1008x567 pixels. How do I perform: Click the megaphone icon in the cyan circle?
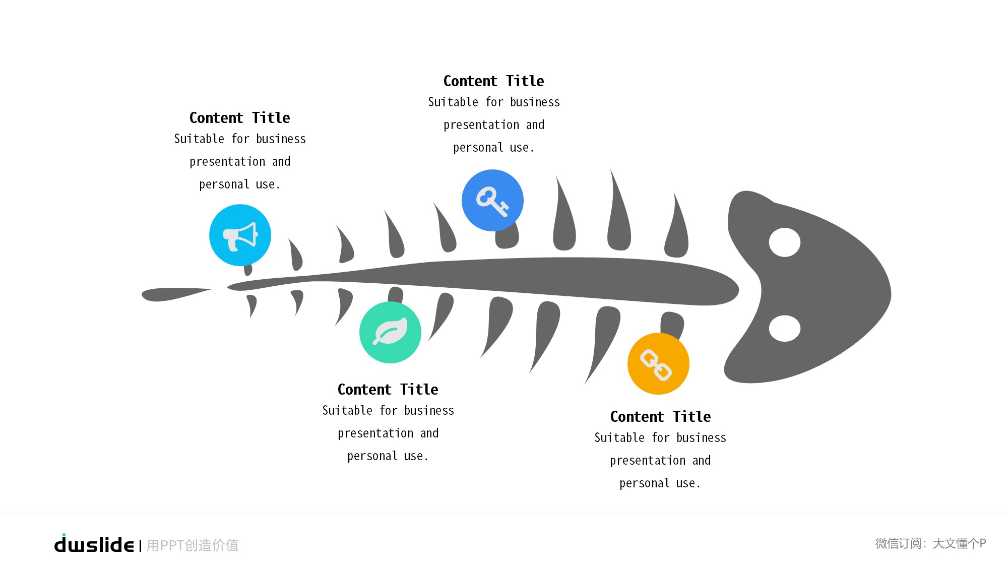240,235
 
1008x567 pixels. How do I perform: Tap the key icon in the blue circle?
492,201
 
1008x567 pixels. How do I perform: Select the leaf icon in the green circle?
390,333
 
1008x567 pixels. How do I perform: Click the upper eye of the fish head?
784,242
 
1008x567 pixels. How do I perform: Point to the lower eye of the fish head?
784,328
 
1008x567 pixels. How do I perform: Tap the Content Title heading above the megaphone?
239,118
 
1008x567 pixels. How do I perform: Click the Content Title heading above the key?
493,81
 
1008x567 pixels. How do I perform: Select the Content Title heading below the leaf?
388,390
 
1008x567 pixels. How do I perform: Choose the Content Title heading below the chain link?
660,417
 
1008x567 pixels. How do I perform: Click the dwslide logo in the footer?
94,545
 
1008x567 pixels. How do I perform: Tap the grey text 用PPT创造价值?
193,545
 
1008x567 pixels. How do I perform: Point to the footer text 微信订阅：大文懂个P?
930,543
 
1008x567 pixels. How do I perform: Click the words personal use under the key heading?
493,148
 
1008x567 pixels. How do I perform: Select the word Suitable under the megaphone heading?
199,139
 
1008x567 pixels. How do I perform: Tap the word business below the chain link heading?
701,438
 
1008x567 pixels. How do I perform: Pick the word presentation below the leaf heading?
375,433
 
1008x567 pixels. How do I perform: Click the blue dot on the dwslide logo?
64,535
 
